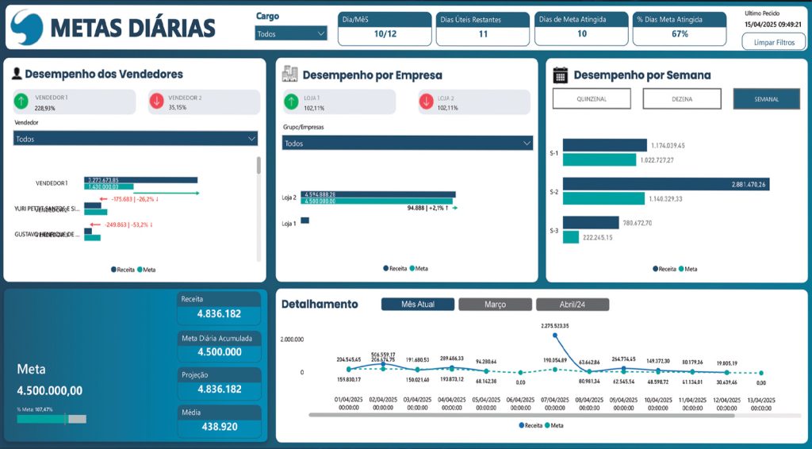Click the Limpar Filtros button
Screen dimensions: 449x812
[773, 41]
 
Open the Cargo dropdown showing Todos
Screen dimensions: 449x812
[291, 33]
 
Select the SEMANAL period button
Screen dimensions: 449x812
[767, 98]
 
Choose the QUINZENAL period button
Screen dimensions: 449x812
[592, 98]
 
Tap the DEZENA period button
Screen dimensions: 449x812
[682, 98]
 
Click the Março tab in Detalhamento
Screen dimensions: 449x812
[496, 305]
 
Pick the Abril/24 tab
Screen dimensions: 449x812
[573, 305]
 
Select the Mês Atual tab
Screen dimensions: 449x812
[418, 305]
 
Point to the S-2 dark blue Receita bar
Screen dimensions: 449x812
[666, 185]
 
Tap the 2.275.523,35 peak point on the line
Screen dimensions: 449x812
[556, 335]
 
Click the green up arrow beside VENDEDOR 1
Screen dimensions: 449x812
[21, 102]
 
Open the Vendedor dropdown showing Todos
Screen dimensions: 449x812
[136, 139]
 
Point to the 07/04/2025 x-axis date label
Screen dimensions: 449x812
[555, 403]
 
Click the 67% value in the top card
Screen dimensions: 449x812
[680, 34]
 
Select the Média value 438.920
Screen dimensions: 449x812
[218, 427]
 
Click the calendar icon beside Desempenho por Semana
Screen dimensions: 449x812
[560, 75]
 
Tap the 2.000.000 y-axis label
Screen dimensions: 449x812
[291, 339]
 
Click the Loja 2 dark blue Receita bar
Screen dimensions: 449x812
[377, 194]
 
